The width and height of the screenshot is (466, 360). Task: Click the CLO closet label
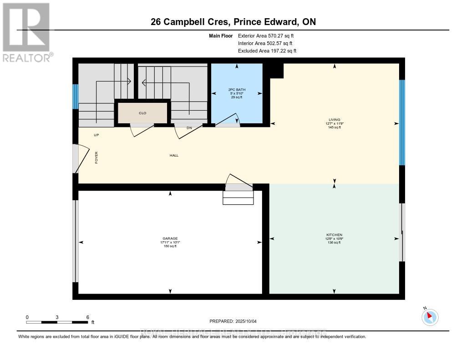[x=142, y=113]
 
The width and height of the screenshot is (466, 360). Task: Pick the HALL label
[x=174, y=155]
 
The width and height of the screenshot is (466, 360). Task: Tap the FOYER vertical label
[x=96, y=157]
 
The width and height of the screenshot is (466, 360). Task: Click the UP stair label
[x=96, y=135]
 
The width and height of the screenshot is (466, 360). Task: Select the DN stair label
[x=189, y=128]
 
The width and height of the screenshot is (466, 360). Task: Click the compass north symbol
[x=430, y=317]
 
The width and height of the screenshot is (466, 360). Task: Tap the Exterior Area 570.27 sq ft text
[x=269, y=35]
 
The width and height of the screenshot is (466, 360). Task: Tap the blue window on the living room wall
[x=402, y=122]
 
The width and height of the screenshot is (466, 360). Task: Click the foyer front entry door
[x=78, y=159]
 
